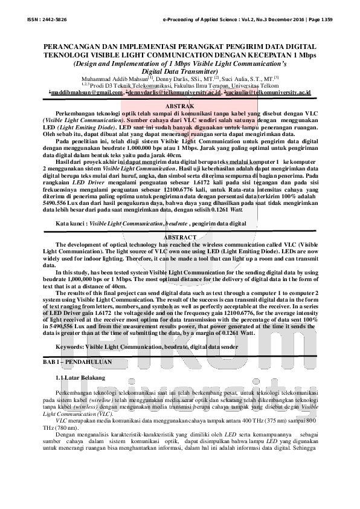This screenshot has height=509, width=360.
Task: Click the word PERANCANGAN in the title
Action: (76, 47)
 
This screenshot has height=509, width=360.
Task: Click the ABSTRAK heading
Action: (179, 106)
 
